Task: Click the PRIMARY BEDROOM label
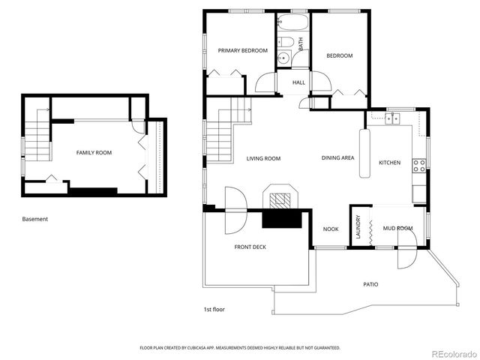pyautogui.click(x=243, y=50)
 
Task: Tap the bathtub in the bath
pyautogui.click(x=293, y=22)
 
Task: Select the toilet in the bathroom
pyautogui.click(x=286, y=42)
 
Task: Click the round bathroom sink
pyautogui.click(x=283, y=58)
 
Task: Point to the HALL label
pyautogui.click(x=298, y=82)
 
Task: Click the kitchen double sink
pyautogui.click(x=392, y=118)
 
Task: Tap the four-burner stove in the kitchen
pyautogui.click(x=418, y=166)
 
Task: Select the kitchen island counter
pyautogui.click(x=364, y=153)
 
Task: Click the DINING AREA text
pyautogui.click(x=338, y=158)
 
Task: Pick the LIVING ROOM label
pyautogui.click(x=263, y=158)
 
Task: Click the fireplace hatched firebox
pyautogui.click(x=280, y=199)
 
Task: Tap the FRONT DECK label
pyautogui.click(x=250, y=247)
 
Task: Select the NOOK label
pyautogui.click(x=331, y=229)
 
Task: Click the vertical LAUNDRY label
pyautogui.click(x=358, y=226)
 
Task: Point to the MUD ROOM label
pyautogui.click(x=398, y=228)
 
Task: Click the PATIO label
pyautogui.click(x=370, y=284)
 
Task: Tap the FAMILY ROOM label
pyautogui.click(x=94, y=153)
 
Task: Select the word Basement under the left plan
pyautogui.click(x=35, y=219)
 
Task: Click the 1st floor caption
pyautogui.click(x=214, y=310)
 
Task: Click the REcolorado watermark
pyautogui.click(x=454, y=354)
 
